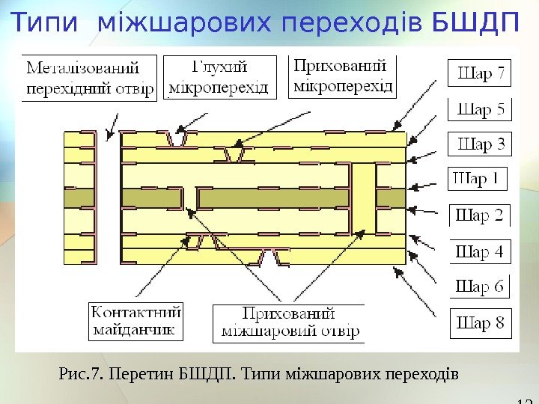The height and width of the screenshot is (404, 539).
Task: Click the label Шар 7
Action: tap(480, 75)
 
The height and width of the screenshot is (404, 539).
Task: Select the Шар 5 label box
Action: tap(480, 109)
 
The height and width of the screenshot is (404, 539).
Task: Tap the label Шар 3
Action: tap(480, 144)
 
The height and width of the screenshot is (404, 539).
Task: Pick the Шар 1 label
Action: tap(478, 180)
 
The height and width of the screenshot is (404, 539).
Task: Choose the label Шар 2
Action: tap(480, 215)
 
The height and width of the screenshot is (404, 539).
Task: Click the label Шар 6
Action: tap(480, 287)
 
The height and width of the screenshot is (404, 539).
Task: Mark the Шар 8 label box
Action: tap(480, 324)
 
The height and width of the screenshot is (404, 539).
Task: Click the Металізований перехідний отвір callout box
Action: tap(90, 80)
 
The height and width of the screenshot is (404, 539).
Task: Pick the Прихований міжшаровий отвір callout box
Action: tap(288, 323)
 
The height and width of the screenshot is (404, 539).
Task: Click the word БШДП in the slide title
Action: tap(476, 23)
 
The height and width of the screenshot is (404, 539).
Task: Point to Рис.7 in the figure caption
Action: tap(80, 372)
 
